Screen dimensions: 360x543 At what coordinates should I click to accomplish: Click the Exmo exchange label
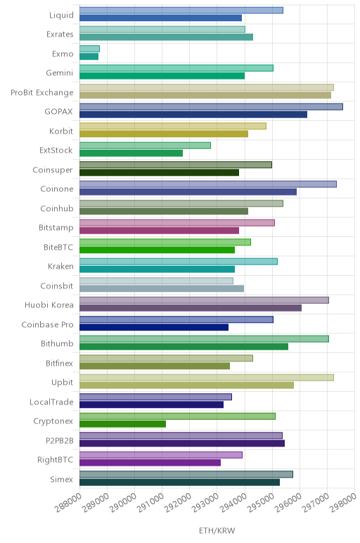(x=63, y=53)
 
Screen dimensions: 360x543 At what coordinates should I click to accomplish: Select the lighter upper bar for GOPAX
(x=211, y=107)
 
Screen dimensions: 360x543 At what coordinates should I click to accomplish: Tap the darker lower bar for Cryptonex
(x=122, y=424)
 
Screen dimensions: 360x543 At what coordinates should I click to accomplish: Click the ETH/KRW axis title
(x=217, y=530)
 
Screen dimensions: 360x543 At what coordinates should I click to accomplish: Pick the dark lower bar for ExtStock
(x=131, y=153)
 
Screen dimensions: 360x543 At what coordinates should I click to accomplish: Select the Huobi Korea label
(x=49, y=305)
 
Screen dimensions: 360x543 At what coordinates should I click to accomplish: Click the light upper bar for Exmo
(x=90, y=49)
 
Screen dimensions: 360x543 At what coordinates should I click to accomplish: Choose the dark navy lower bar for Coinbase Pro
(x=154, y=327)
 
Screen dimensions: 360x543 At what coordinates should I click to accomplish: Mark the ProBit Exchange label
(x=42, y=92)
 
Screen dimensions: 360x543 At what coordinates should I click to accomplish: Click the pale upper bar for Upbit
(x=207, y=378)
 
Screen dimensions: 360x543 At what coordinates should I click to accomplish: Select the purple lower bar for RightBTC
(x=150, y=463)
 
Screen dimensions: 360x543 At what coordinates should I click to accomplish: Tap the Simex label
(x=62, y=479)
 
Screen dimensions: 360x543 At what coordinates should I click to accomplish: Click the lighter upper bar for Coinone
(x=208, y=184)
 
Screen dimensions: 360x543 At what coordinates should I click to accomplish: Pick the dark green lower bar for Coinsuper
(x=159, y=172)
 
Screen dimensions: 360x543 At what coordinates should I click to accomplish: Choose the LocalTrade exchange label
(x=51, y=402)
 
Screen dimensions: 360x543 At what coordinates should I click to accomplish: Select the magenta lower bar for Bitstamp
(x=159, y=231)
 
